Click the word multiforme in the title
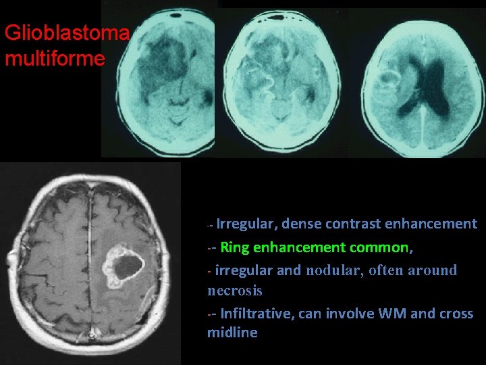[x=55, y=58]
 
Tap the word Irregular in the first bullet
[x=246, y=224]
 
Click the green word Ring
[x=234, y=247]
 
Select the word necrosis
[x=234, y=291]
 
